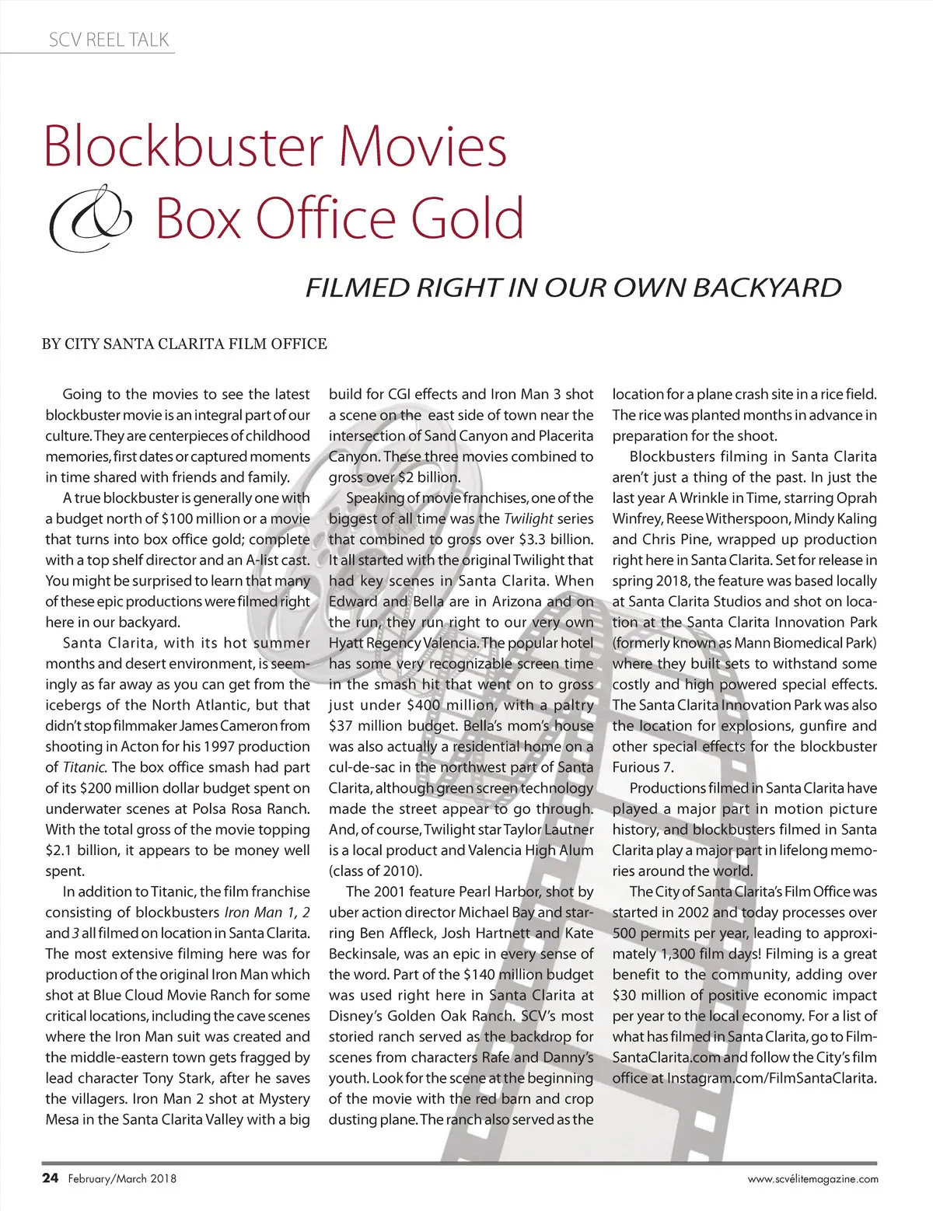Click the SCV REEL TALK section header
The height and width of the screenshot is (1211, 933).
[x=109, y=40]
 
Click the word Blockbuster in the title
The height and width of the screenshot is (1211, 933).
[x=183, y=147]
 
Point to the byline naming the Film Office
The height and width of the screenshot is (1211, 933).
[x=184, y=344]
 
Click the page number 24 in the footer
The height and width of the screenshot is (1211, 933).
[x=50, y=1178]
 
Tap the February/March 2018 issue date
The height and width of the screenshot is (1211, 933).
[x=122, y=1179]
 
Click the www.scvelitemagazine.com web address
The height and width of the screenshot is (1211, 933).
[x=812, y=1179]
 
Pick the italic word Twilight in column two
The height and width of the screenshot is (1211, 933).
[x=529, y=518]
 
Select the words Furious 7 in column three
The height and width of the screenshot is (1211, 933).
[x=642, y=767]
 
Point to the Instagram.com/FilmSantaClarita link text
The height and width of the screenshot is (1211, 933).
[x=772, y=1078]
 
